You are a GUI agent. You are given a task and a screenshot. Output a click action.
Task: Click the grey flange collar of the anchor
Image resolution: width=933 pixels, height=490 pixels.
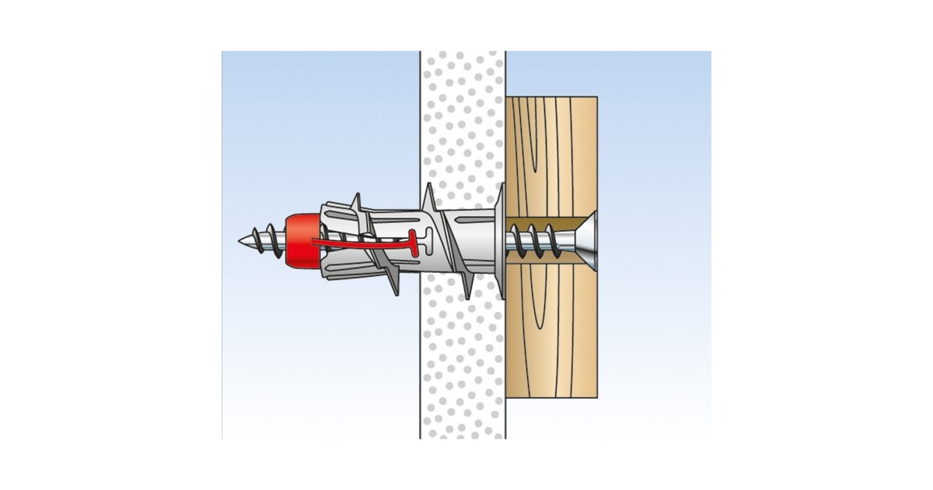(x=498, y=241)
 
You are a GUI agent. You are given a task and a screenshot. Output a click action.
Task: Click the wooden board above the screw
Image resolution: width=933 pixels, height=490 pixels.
(x=551, y=156)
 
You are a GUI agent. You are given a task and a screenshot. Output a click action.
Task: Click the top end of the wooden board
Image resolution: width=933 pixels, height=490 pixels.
(x=551, y=100)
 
